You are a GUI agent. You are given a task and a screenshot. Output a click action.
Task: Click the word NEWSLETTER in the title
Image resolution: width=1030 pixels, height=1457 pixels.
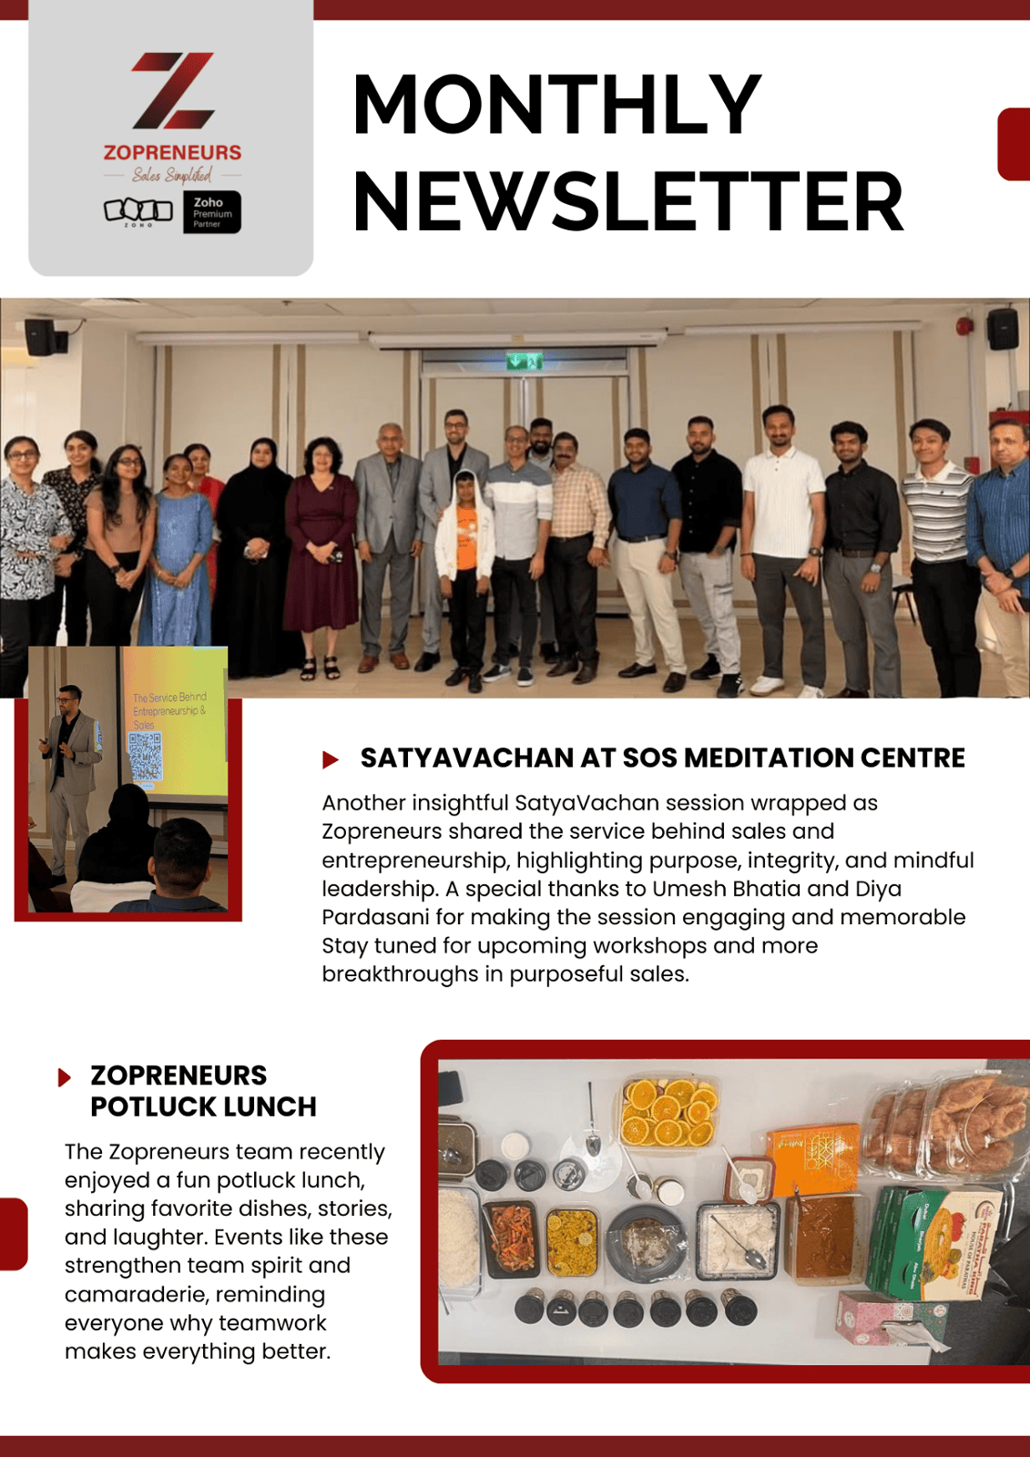[x=627, y=202]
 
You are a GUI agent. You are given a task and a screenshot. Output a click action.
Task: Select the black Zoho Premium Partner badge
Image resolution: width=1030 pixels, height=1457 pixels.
[x=212, y=212]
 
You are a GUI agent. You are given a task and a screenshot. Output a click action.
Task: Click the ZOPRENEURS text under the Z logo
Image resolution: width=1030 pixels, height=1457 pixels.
[x=172, y=152]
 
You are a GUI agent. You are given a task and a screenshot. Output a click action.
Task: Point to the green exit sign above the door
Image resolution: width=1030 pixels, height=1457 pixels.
[x=525, y=362]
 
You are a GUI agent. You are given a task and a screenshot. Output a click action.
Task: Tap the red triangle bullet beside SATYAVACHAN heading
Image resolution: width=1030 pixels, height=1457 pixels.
[x=331, y=759]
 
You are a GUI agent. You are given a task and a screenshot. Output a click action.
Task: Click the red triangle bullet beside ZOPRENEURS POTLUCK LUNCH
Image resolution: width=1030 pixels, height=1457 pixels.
[x=65, y=1077]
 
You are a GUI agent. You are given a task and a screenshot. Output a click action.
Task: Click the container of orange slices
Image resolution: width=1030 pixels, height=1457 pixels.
[x=668, y=1112]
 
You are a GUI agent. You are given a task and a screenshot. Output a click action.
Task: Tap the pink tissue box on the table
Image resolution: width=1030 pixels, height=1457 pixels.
[x=888, y=1318]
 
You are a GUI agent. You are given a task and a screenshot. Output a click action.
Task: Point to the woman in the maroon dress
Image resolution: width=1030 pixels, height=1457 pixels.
[x=321, y=546]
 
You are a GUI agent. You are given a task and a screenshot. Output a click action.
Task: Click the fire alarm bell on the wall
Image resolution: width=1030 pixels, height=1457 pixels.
[x=964, y=326]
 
